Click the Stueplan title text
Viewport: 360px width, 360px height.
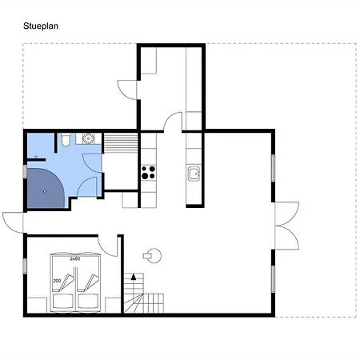click(41, 26)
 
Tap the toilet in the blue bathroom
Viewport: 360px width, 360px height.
click(66, 140)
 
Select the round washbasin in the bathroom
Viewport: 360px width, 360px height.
click(88, 138)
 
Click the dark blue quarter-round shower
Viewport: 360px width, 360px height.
click(46, 188)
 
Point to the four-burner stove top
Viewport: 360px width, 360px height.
click(148, 172)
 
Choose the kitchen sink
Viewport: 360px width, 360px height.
click(194, 174)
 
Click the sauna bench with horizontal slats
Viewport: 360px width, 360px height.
click(121, 143)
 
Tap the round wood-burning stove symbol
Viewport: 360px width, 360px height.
click(153, 256)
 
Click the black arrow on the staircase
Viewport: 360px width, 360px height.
click(134, 277)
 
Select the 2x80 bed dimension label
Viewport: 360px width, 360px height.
click(75, 258)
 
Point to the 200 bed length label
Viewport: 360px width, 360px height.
click(57, 281)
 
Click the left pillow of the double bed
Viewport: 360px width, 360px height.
click(63, 301)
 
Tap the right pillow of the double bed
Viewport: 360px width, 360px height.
click(88, 301)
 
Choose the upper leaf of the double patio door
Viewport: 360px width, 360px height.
click(287, 214)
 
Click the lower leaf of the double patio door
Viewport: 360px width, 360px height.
click(287, 238)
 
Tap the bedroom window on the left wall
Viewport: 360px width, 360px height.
click(25, 266)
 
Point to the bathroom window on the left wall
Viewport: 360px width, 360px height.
click(25, 171)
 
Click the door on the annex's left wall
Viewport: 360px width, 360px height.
click(127, 90)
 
